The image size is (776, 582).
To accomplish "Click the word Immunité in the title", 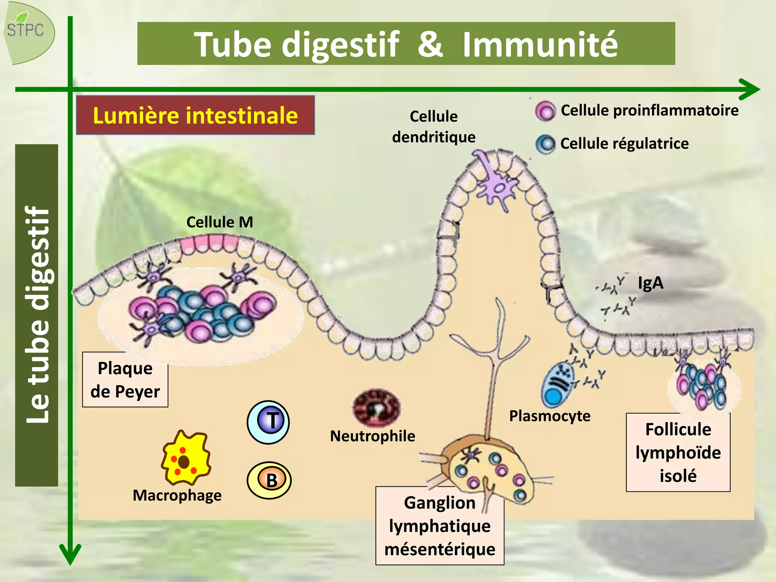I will pyautogui.click(x=540, y=45).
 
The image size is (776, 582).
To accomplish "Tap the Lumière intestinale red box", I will pyautogui.click(x=195, y=115).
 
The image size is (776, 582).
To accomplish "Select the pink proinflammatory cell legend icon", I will pyautogui.click(x=545, y=111).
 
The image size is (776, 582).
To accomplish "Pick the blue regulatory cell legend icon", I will pyautogui.click(x=545, y=144).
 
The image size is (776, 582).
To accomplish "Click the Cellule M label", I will pyautogui.click(x=219, y=222).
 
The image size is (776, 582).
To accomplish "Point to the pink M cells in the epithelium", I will pyautogui.click(x=209, y=243).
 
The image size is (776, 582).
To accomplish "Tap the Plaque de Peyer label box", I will pyautogui.click(x=125, y=380).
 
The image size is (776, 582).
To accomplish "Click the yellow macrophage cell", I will pyautogui.click(x=185, y=459).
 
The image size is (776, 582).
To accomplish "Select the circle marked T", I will pyautogui.click(x=268, y=422).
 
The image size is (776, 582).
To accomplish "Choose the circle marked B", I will pyautogui.click(x=269, y=480).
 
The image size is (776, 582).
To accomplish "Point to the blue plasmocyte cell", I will pyautogui.click(x=557, y=384).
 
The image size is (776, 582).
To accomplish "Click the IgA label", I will pyautogui.click(x=650, y=283).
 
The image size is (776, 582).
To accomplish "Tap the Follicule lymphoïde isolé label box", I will pyautogui.click(x=678, y=452).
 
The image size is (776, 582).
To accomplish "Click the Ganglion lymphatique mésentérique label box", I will pyautogui.click(x=440, y=526).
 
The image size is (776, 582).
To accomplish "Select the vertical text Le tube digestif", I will pyautogui.click(x=37, y=314).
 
